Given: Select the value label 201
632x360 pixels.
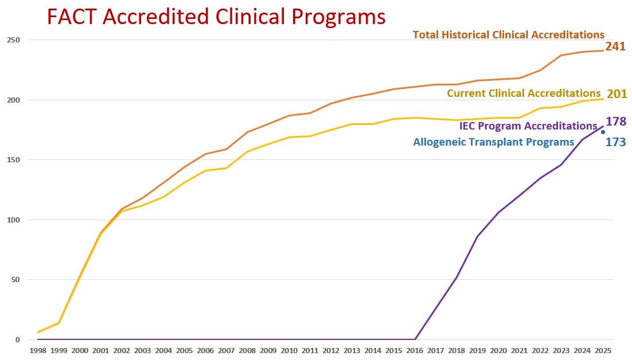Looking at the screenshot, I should click(x=617, y=93).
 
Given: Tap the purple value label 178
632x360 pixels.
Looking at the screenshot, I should click(x=616, y=122).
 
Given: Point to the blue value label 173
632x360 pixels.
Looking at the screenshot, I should click(x=615, y=142).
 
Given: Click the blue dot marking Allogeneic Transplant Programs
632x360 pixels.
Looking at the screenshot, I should click(x=603, y=132).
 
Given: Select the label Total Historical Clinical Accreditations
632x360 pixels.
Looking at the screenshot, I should click(x=508, y=35).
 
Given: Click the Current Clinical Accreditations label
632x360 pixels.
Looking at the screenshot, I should click(x=523, y=93).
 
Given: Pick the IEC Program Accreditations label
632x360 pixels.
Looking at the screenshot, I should click(x=528, y=126).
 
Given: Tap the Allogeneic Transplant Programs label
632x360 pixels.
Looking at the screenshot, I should click(x=493, y=142).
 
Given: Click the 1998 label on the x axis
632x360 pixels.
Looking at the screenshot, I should click(x=38, y=350).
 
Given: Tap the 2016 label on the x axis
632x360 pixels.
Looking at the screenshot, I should click(x=415, y=350).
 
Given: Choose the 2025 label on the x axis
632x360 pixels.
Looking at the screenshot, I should click(x=603, y=350).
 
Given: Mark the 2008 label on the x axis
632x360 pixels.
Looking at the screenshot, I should click(x=247, y=350).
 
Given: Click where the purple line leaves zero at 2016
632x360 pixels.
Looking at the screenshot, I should click(x=415, y=339).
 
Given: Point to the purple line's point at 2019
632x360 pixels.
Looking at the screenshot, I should click(x=477, y=236).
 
